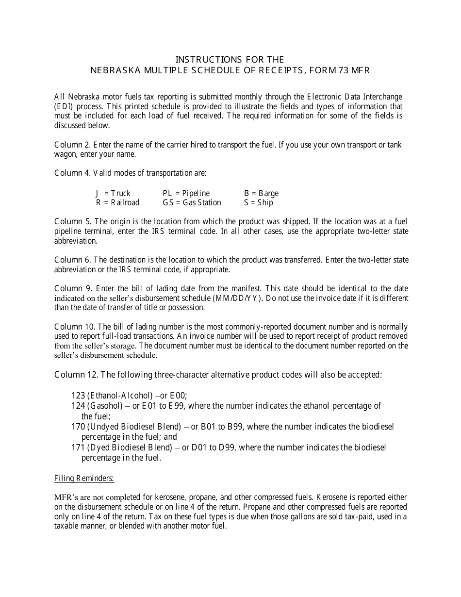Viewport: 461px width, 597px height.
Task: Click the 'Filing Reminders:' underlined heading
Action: [84, 479]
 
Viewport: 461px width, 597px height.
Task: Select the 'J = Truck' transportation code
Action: [113, 193]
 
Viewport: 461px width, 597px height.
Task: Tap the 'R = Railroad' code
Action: [117, 202]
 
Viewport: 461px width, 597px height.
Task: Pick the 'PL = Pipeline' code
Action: [186, 193]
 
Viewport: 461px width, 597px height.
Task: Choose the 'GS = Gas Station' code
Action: [192, 202]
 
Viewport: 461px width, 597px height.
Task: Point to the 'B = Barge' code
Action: [261, 193]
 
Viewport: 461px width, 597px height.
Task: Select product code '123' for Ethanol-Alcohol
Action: [78, 396]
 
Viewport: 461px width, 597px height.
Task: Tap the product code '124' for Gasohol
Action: [78, 405]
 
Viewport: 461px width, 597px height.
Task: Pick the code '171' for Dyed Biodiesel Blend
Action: [78, 448]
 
